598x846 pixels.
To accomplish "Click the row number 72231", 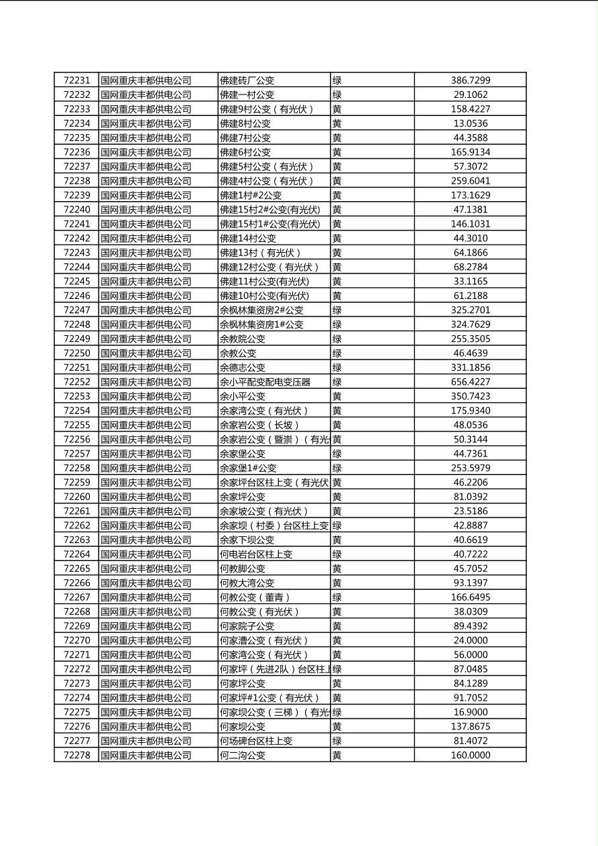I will coord(76,80).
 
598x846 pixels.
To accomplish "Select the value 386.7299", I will coord(470,80).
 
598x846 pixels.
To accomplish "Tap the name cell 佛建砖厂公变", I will coord(247,80).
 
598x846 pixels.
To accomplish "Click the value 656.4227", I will coord(470,382).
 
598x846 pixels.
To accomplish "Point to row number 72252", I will coord(76,382).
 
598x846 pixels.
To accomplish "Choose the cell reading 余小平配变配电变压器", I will coord(265,382).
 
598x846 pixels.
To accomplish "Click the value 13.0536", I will coord(470,123).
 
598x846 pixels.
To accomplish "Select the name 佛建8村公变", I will coord(245,123).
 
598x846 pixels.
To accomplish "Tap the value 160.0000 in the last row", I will coord(470,756).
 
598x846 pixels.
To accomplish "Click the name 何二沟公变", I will coord(243,756).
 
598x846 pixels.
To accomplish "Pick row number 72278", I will coord(76,756).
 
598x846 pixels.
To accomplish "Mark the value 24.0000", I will coord(470,640).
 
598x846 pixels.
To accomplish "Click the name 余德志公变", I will coord(243,367).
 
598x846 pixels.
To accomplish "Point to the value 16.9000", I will coord(470,712).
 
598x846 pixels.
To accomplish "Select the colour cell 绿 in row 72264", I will coord(337,554).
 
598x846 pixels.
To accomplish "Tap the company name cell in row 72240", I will coord(146,210).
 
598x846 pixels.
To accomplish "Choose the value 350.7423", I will coord(470,396).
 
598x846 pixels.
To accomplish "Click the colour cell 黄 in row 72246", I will coord(337,296).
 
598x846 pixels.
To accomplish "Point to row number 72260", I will coord(76,497).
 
